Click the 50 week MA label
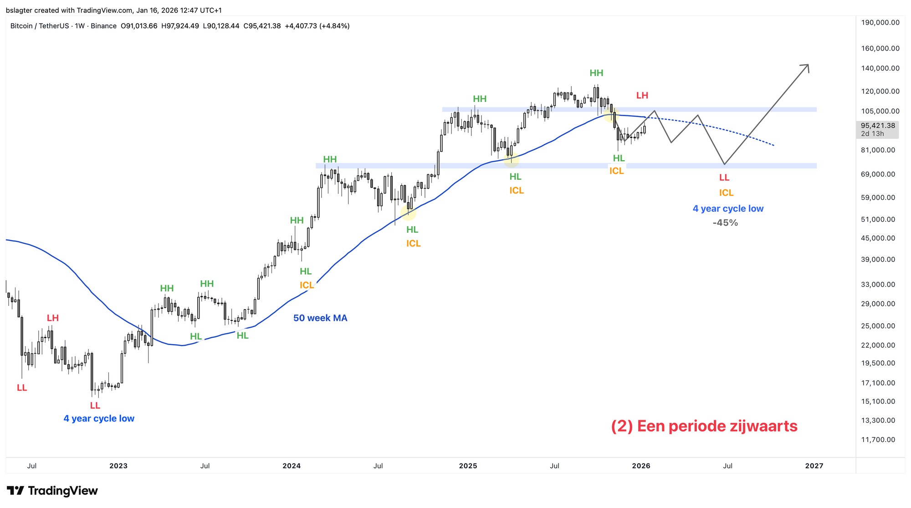(320, 318)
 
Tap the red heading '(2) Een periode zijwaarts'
(704, 426)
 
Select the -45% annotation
(725, 223)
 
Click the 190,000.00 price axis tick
(880, 22)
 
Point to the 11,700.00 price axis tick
(878, 440)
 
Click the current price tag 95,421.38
(878, 126)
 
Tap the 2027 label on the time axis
(814, 466)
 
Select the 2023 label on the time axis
(118, 466)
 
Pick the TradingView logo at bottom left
(52, 491)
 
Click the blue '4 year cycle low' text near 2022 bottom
(99, 419)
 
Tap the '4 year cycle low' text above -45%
(728, 209)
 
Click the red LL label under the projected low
(724, 178)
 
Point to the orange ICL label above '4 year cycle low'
(726, 193)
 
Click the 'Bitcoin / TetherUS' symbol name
(40, 26)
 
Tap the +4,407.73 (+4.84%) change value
(317, 26)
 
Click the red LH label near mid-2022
(53, 318)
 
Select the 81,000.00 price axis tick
(878, 150)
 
